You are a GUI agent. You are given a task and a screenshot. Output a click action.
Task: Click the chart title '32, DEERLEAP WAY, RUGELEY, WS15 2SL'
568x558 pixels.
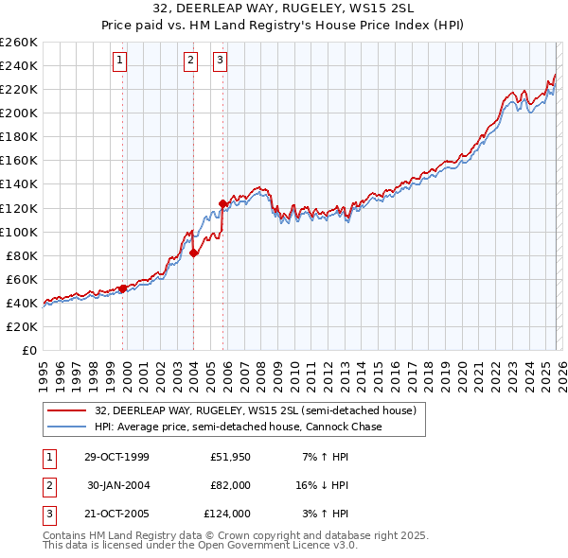point(283,10)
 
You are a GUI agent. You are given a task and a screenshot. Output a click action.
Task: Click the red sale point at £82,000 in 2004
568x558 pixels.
point(193,253)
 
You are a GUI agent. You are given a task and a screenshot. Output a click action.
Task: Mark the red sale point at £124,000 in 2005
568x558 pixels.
point(222,202)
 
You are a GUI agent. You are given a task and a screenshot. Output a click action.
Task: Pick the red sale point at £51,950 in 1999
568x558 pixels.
point(123,288)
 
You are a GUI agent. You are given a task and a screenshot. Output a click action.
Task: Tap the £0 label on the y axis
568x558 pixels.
point(27,350)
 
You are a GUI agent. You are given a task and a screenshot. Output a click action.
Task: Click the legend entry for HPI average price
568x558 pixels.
point(238,427)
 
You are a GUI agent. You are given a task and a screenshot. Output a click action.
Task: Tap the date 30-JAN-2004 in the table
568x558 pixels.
point(117,485)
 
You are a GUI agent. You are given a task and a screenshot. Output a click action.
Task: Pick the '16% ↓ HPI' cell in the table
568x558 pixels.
point(321,485)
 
